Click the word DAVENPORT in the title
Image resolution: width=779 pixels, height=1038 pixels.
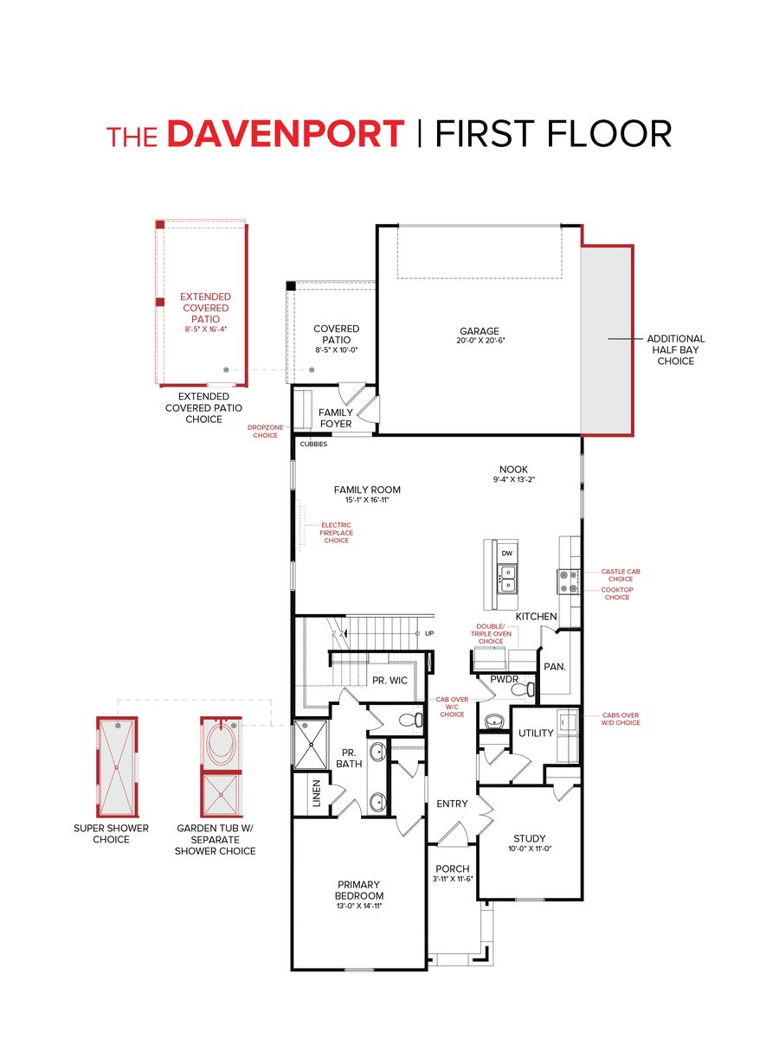click(285, 134)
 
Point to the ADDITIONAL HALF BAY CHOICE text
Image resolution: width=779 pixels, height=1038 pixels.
click(675, 349)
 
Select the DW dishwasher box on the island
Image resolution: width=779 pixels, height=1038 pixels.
click(506, 552)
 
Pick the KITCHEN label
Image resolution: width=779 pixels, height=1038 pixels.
click(537, 616)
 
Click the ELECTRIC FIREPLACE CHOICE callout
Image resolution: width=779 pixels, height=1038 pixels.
click(337, 532)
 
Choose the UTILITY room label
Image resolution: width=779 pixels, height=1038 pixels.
click(536, 734)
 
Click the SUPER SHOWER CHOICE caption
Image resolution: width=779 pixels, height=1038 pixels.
click(111, 834)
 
